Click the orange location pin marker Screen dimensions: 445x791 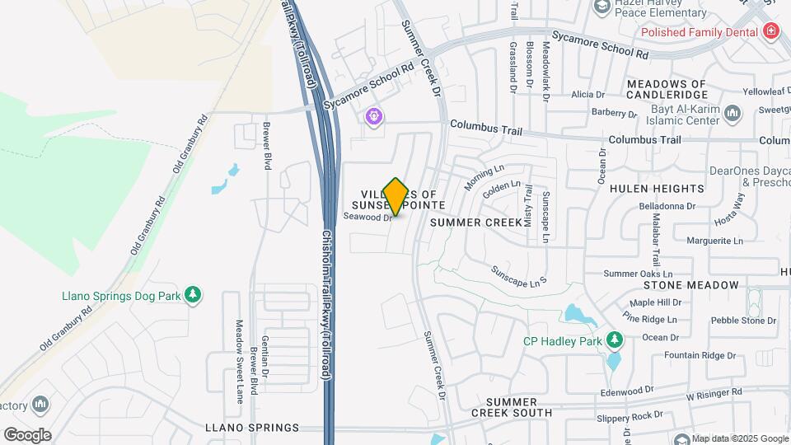[395, 197]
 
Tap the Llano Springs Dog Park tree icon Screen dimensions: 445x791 [194, 295]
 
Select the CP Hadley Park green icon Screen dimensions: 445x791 [614, 340]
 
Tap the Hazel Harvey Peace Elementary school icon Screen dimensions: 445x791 [601, 7]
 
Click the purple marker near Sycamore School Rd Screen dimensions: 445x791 [374, 116]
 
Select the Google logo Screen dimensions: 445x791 [26, 434]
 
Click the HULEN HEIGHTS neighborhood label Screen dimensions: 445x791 [657, 189]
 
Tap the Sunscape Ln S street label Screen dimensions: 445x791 [520, 276]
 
